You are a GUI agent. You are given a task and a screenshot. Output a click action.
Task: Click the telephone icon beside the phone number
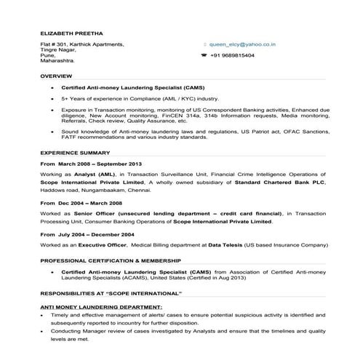pyautogui.click(x=204, y=55)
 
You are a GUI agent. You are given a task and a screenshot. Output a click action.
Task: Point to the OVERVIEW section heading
pyautogui.click(x=55, y=76)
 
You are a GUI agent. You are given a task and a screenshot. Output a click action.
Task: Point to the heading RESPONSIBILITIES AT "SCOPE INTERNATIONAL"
pyautogui.click(x=111, y=292)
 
